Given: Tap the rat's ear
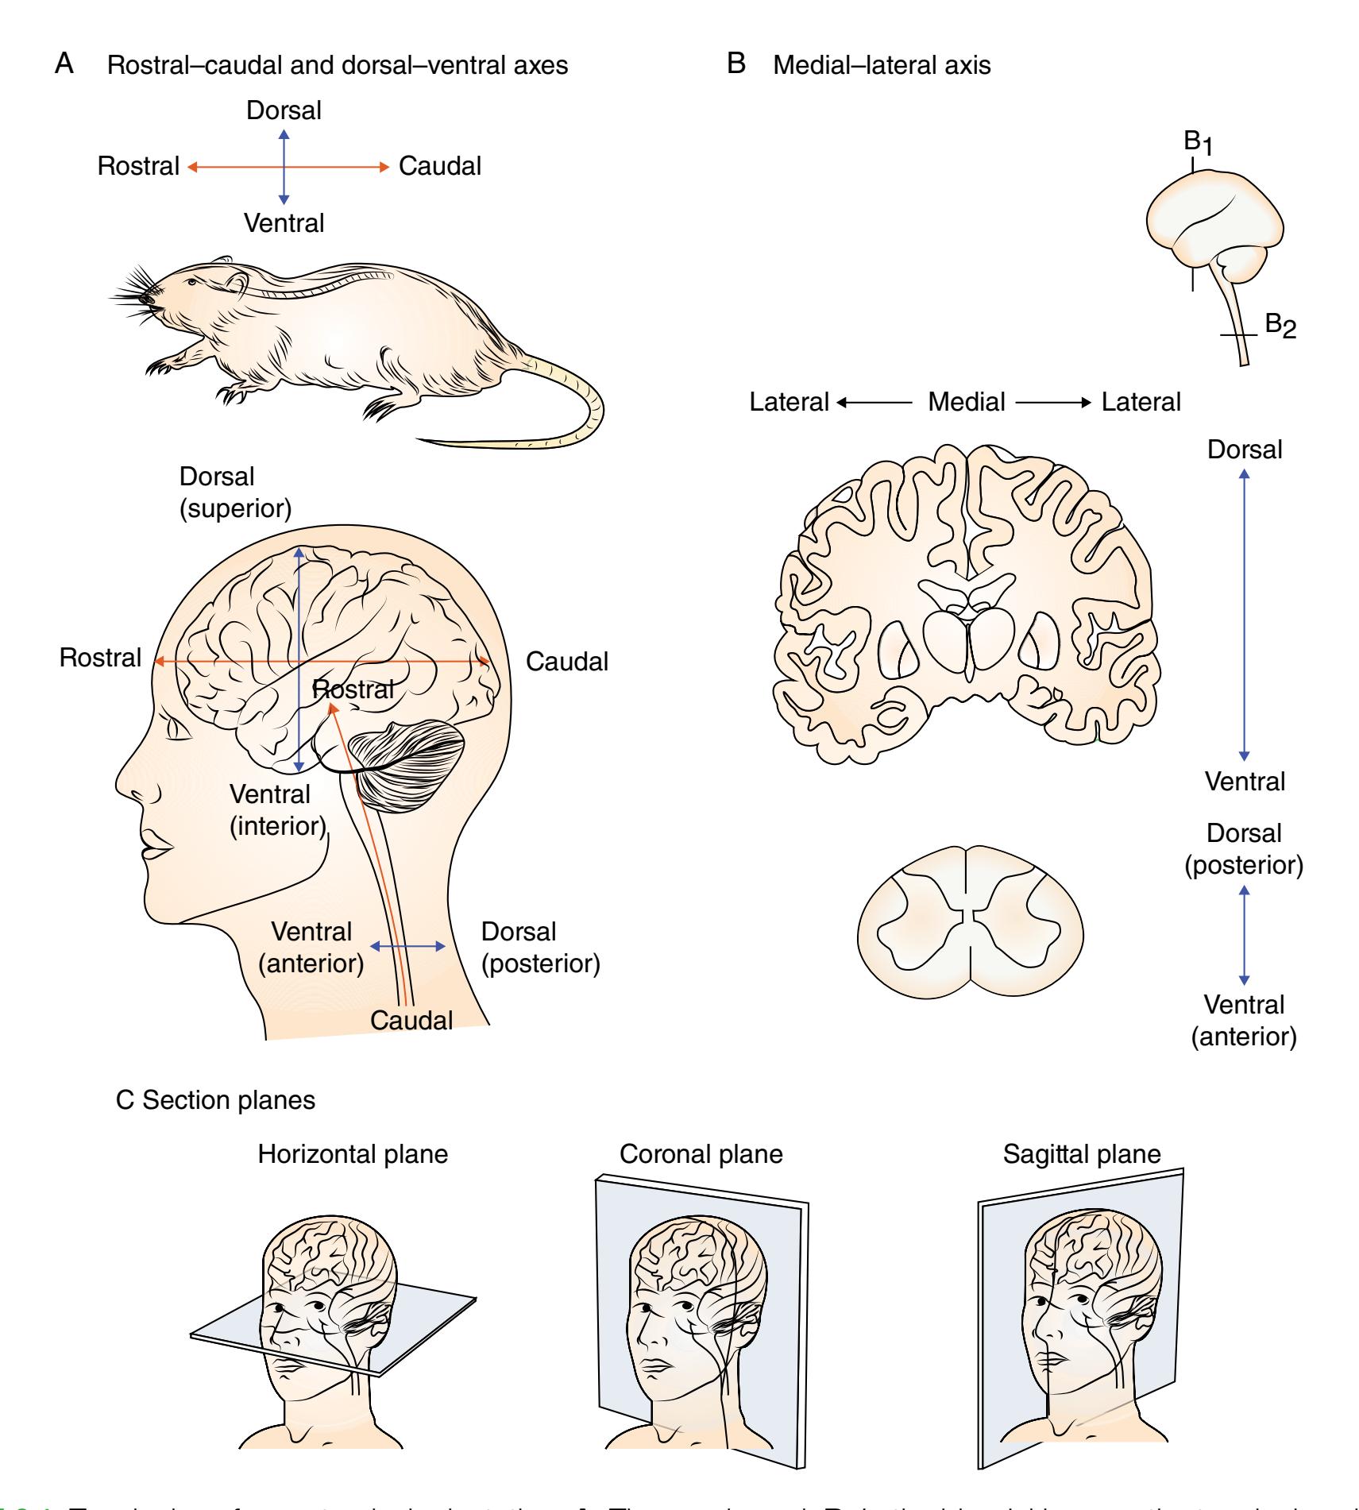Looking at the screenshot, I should [235, 284].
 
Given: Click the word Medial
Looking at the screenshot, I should [966, 402].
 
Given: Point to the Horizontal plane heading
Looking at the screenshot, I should [353, 1153].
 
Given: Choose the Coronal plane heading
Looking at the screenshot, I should [701, 1153].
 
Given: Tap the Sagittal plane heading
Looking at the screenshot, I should [1081, 1153].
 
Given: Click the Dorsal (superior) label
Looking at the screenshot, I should [235, 492].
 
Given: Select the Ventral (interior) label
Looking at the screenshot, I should [278, 809].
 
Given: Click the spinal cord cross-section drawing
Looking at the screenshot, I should [971, 921].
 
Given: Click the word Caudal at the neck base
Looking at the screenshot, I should [411, 1019].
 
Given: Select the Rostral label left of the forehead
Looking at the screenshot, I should [100, 658].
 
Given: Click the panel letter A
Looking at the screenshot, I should [64, 64].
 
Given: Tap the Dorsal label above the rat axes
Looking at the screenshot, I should [284, 110].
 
